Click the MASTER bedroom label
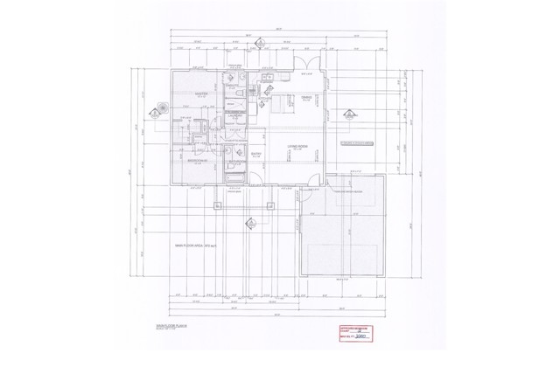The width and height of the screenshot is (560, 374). click(200, 94)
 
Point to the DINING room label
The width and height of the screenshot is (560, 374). click(307, 97)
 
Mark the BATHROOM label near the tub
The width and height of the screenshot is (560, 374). click(236, 162)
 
